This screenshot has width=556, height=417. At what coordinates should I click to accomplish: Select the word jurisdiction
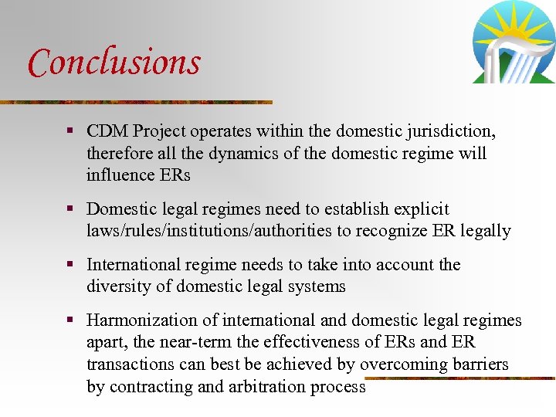pyautogui.click(x=447, y=132)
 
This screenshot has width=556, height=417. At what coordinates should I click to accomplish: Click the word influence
pyautogui.click(x=120, y=175)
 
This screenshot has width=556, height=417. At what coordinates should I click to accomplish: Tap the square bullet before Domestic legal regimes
pyautogui.click(x=70, y=209)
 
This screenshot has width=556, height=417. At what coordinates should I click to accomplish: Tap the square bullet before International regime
pyautogui.click(x=70, y=265)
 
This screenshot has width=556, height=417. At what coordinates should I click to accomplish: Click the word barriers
pyautogui.click(x=480, y=364)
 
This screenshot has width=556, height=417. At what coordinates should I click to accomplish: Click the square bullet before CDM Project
pyautogui.click(x=70, y=132)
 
